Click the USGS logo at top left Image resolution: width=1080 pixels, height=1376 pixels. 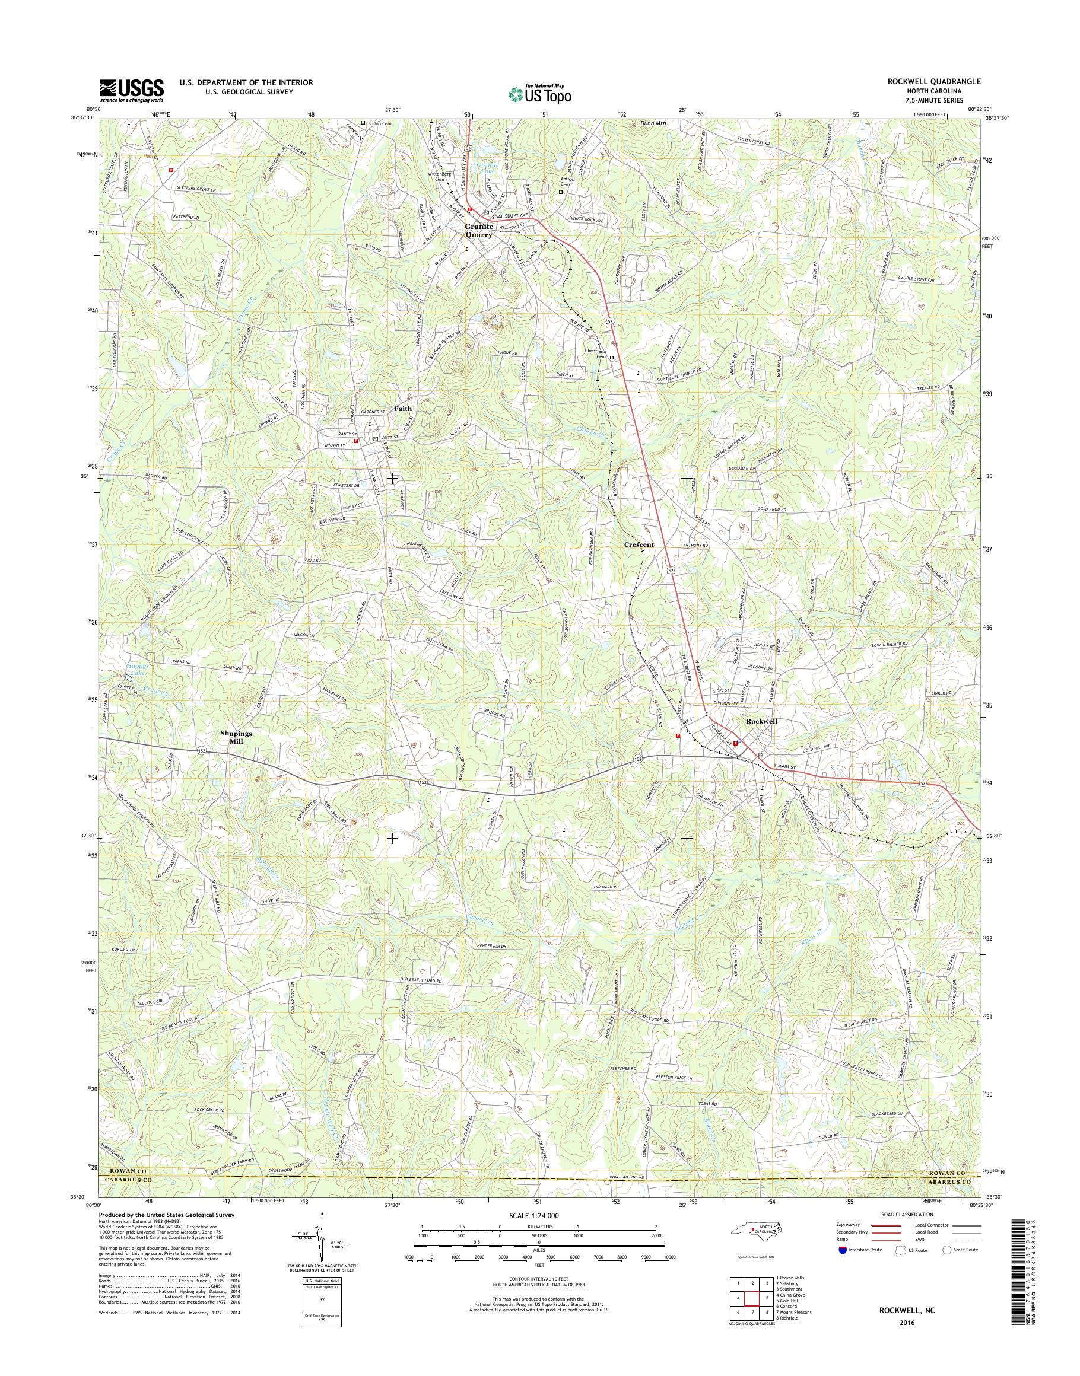(x=131, y=90)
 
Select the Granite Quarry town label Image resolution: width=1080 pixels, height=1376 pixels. (x=479, y=231)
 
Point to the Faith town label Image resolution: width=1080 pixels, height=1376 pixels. (x=403, y=408)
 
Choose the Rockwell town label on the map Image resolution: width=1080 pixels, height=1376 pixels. (x=761, y=721)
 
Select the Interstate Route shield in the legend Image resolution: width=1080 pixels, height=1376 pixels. (x=841, y=1250)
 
